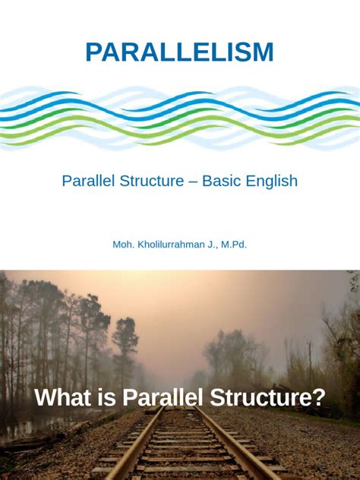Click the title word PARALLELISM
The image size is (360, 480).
pos(179,52)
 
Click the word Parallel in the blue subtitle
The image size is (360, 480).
pos(90,182)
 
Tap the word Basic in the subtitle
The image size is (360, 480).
pos(223,182)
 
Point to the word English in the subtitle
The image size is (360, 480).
pos(273,182)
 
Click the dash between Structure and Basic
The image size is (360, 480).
pos(194,182)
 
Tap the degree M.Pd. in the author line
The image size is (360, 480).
pos(233,245)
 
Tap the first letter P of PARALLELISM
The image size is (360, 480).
pos(94,52)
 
